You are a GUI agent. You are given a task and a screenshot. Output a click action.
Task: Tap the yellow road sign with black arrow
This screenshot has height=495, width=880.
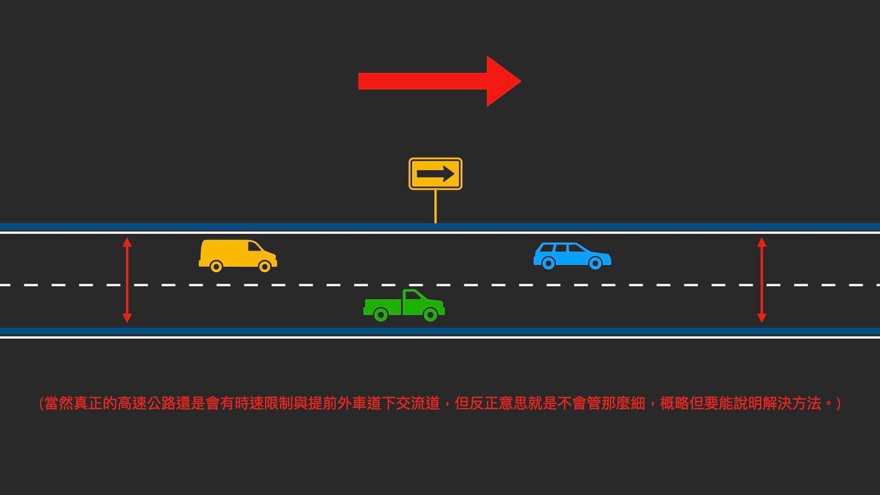tap(435, 174)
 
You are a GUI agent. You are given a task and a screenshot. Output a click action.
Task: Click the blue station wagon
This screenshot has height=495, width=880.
tap(572, 256)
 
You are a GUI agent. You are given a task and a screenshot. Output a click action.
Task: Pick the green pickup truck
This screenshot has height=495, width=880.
tap(404, 305)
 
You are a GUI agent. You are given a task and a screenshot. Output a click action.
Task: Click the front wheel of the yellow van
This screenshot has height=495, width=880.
tap(265, 267)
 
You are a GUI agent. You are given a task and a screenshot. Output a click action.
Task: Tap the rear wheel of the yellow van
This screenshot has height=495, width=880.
tap(216, 267)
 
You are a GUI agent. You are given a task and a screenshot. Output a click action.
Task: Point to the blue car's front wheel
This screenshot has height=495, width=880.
tap(595, 263)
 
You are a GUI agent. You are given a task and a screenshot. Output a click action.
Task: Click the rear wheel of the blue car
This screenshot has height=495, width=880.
tap(548, 263)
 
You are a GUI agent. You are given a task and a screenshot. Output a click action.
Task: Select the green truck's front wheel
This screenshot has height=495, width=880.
tap(431, 315)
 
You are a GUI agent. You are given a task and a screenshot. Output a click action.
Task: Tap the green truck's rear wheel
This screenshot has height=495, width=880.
tap(380, 315)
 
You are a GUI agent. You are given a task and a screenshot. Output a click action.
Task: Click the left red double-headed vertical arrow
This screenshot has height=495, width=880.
tap(127, 280)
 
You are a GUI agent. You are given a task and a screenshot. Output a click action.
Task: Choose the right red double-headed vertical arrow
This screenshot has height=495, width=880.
tap(762, 280)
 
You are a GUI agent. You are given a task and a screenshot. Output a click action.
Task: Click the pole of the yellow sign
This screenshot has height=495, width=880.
tap(436, 206)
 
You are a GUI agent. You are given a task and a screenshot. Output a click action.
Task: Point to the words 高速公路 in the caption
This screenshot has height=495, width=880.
tap(146, 403)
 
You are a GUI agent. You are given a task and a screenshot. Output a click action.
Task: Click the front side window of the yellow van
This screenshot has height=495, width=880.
tap(254, 246)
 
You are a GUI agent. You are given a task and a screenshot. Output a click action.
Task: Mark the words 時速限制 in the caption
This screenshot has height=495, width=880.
tap(263, 403)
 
